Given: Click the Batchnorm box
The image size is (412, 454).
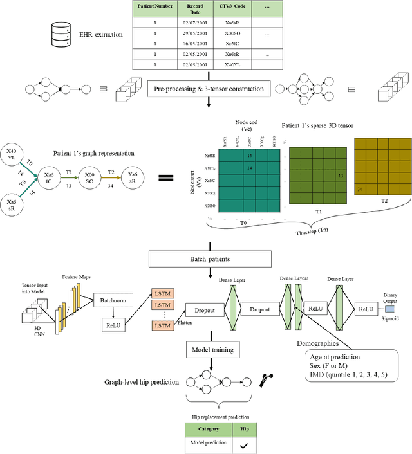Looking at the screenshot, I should click(119, 301).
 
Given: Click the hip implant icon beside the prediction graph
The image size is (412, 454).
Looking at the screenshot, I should click(265, 381).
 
